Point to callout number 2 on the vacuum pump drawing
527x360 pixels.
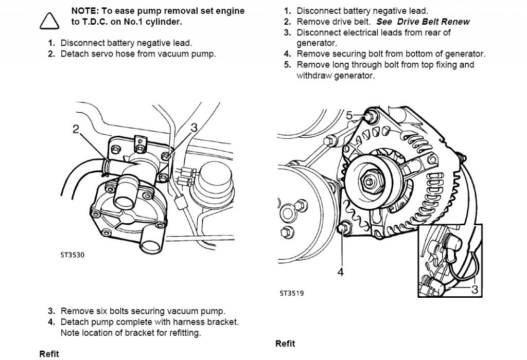[76, 129]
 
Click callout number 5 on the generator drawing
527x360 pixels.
[349, 116]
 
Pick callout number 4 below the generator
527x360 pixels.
[341, 272]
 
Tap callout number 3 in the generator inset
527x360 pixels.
[475, 290]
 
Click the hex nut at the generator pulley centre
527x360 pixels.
[371, 181]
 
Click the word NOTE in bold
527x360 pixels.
[82, 11]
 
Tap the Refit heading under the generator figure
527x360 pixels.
[285, 344]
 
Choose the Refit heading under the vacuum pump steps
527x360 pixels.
[49, 354]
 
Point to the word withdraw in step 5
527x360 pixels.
[314, 76]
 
